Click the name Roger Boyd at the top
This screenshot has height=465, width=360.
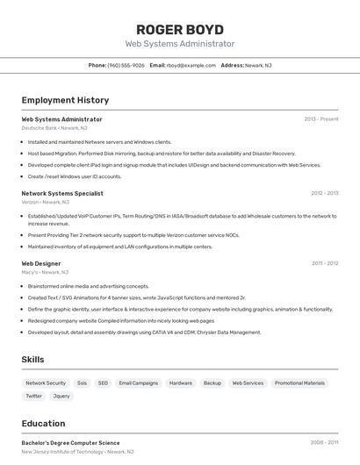click(180, 29)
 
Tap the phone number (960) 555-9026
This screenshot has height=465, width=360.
click(126, 65)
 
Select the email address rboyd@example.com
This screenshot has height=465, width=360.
click(191, 65)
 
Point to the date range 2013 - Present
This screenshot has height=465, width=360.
click(320, 118)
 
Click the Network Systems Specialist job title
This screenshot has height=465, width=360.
click(62, 193)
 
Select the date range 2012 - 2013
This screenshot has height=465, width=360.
click(324, 193)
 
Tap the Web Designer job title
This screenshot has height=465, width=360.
click(41, 263)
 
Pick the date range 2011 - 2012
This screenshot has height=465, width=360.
click(324, 263)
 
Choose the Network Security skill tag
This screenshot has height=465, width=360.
click(46, 383)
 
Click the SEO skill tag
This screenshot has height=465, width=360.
click(103, 383)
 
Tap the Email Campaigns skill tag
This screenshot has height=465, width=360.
click(139, 383)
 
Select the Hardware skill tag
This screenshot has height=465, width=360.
click(180, 383)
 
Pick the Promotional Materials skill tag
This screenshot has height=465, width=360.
click(300, 383)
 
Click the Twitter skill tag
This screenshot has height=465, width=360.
click(33, 396)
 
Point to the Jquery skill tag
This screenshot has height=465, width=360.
click(61, 396)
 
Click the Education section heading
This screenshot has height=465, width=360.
click(43, 423)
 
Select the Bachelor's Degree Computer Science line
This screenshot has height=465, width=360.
click(70, 442)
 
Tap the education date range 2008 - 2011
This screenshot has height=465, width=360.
click(324, 442)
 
